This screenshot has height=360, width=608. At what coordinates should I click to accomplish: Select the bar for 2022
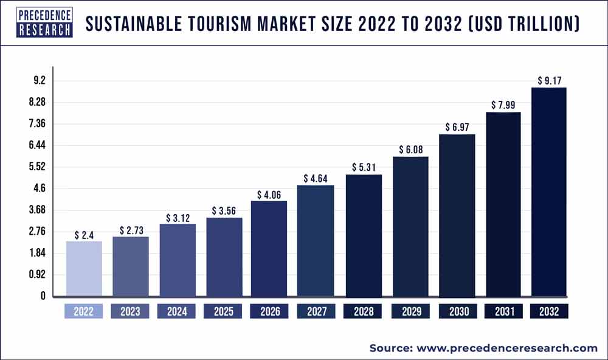[x=84, y=268]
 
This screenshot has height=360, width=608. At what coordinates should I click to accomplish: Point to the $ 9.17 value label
[x=550, y=80]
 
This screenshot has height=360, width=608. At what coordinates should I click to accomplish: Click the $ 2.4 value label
[x=84, y=235]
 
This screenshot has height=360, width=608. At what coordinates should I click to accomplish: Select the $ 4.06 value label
[x=270, y=195]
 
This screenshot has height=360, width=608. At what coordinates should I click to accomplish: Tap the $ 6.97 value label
[x=457, y=128]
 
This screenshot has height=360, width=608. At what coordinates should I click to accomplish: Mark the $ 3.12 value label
[x=177, y=218]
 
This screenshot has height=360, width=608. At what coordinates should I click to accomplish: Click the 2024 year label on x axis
[x=177, y=311]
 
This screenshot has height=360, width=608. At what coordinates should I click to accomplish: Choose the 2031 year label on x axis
[x=503, y=311]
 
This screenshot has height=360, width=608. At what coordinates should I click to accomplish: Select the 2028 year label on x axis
[x=364, y=311]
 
